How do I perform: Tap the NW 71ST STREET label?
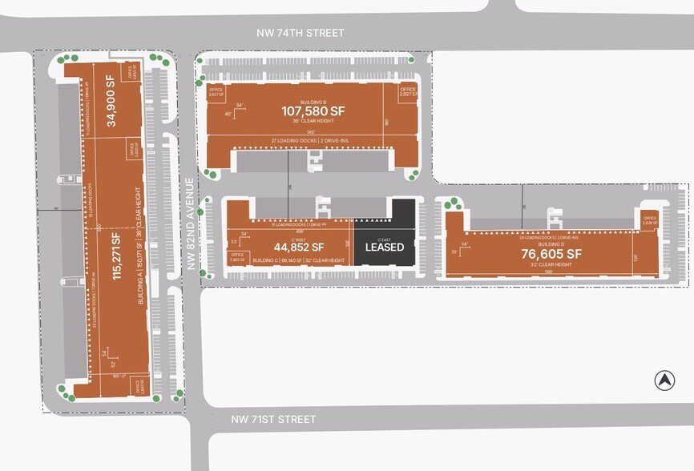point(273,420)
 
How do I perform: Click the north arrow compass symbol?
point(664,380)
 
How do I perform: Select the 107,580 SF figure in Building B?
point(312,111)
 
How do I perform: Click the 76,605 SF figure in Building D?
point(551,254)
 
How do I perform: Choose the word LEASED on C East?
point(385,247)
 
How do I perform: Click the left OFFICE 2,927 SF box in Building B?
point(216,91)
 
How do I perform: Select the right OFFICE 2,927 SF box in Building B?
point(409,91)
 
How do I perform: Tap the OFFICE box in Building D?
point(648,219)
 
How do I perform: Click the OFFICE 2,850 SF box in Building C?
point(238,257)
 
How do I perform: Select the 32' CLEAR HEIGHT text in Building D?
point(551,265)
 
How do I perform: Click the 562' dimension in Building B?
point(312,132)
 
